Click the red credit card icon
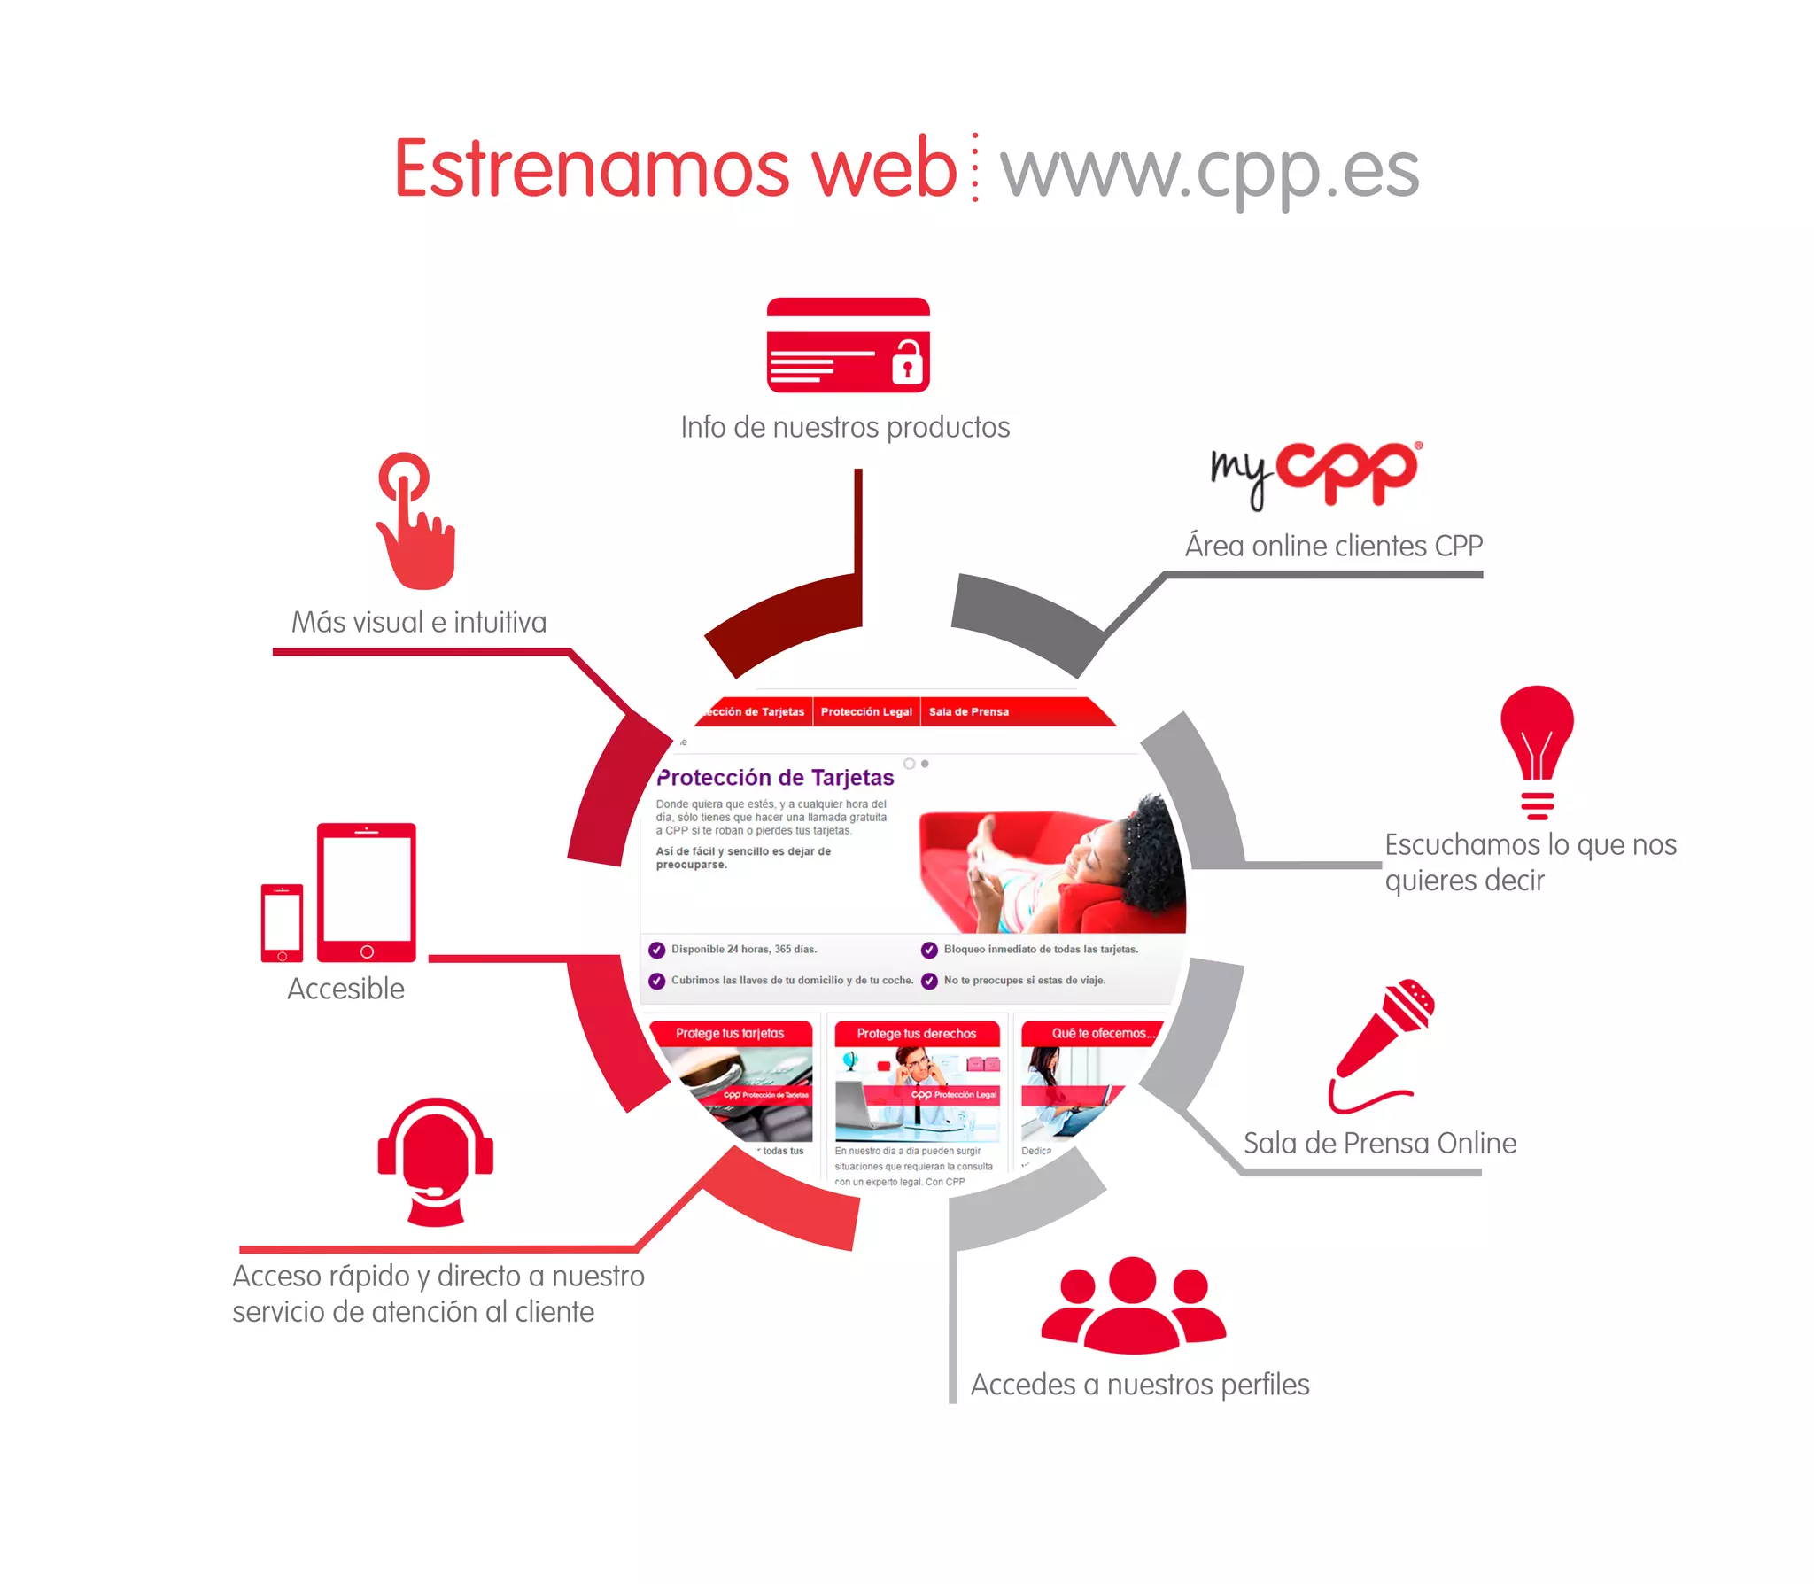coord(847,346)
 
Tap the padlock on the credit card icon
coord(907,363)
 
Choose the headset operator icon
coord(435,1161)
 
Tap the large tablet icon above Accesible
coord(366,892)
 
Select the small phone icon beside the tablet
coord(282,922)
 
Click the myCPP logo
coord(1316,474)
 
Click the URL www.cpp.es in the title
coord(1209,170)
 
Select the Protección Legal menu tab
coord(865,711)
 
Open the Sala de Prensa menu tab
coord(968,711)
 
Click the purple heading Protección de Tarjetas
coord(776,778)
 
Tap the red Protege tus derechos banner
coord(916,1033)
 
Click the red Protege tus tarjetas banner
coord(730,1033)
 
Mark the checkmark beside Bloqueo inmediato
coord(929,950)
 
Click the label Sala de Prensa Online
coord(1379,1143)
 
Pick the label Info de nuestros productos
coord(845,427)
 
